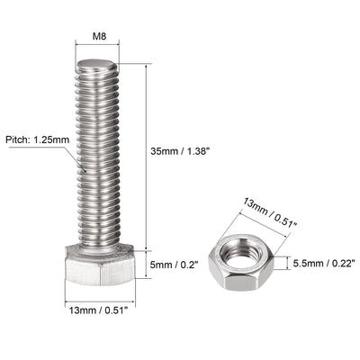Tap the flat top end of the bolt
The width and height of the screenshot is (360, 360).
tap(96, 66)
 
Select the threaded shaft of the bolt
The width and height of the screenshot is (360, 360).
tap(96, 153)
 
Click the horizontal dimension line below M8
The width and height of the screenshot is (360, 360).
tap(96, 51)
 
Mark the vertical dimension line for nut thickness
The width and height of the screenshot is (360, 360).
tap(288, 262)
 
